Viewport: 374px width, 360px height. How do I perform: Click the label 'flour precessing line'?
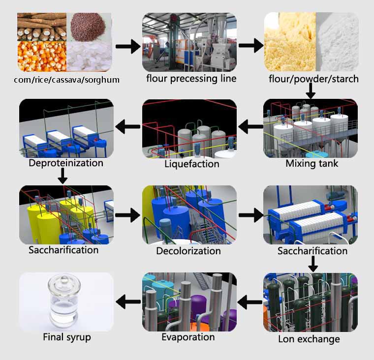[191, 78]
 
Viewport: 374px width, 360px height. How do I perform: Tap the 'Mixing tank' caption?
[312, 163]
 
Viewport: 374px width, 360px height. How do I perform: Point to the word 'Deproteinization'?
[66, 163]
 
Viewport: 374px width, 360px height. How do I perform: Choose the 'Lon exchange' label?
[309, 339]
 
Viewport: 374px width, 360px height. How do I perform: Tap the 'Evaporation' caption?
[188, 337]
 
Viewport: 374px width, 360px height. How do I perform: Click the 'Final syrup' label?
[67, 338]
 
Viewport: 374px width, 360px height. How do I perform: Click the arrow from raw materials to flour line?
[128, 47]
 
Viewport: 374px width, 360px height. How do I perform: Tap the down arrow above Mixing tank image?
[311, 90]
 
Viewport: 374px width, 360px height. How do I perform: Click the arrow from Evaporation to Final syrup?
[128, 301]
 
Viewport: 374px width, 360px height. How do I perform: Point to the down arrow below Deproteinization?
[62, 176]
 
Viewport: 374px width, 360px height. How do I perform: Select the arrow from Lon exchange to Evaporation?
[251, 301]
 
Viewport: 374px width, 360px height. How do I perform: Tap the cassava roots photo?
[41, 26]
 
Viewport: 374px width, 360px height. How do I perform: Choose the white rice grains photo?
[89, 57]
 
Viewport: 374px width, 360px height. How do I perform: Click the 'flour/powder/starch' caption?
[313, 79]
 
